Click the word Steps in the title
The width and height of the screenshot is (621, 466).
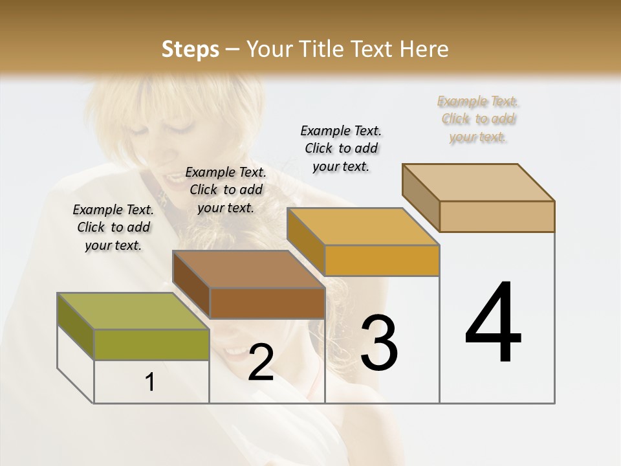click(x=190, y=49)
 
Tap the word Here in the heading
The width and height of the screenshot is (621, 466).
click(x=424, y=49)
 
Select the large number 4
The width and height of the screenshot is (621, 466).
click(x=493, y=324)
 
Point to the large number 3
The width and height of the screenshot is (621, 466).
click(x=379, y=343)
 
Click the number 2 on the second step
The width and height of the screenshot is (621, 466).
click(x=261, y=363)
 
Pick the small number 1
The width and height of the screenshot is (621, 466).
click(x=150, y=383)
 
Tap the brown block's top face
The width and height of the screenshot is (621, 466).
click(x=248, y=269)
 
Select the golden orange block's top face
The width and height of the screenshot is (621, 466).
click(x=363, y=227)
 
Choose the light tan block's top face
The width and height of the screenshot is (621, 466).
click(x=478, y=182)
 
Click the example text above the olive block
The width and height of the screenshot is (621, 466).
click(x=113, y=227)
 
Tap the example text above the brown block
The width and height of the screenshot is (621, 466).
click(x=226, y=190)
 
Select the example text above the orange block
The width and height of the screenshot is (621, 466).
click(x=341, y=148)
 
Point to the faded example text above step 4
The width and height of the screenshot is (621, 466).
click(x=478, y=118)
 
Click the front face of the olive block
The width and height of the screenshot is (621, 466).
click(x=151, y=344)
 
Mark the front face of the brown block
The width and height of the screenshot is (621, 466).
click(x=267, y=303)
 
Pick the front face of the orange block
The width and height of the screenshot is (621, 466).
click(x=382, y=260)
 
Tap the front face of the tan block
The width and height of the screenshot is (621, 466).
click(x=497, y=216)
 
